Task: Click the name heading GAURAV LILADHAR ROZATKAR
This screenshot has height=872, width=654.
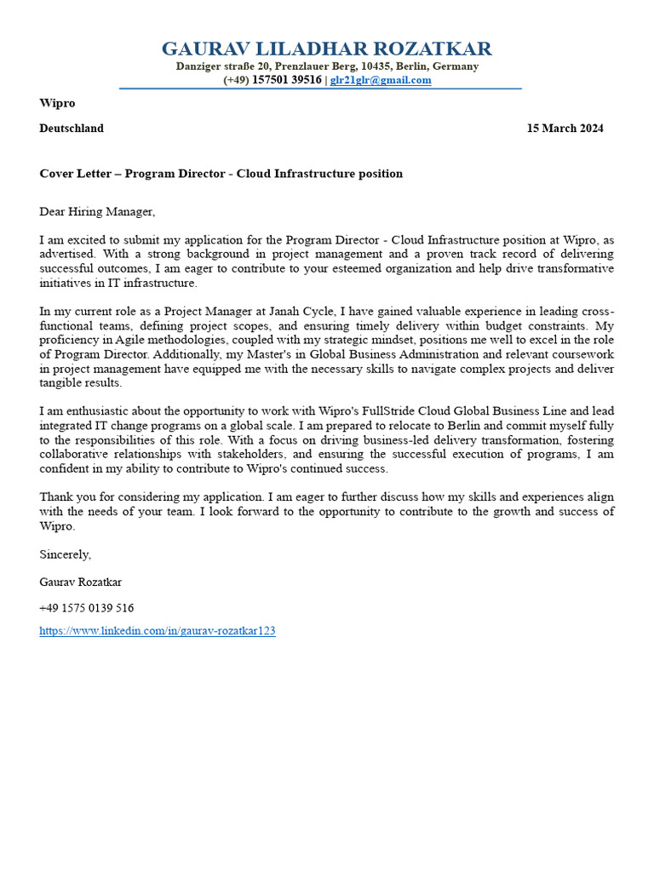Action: [x=326, y=49]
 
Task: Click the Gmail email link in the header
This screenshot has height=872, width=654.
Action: [x=381, y=80]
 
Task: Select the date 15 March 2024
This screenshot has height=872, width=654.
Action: [x=565, y=129]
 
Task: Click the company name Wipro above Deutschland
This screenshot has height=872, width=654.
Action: [x=57, y=103]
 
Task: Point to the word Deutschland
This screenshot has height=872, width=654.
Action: [x=72, y=129]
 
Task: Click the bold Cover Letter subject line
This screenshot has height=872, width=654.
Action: [x=221, y=174]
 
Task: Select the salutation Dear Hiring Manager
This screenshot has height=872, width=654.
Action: [x=98, y=211]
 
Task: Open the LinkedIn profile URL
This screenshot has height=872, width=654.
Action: [x=158, y=632]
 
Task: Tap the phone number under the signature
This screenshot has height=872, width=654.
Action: [x=87, y=608]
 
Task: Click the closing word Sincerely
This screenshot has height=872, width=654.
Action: [x=65, y=554]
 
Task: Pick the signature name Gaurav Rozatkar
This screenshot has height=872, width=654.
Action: [x=81, y=582]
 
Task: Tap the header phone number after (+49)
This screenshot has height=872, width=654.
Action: [x=287, y=80]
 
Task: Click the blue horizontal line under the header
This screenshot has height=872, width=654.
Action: [x=320, y=89]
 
